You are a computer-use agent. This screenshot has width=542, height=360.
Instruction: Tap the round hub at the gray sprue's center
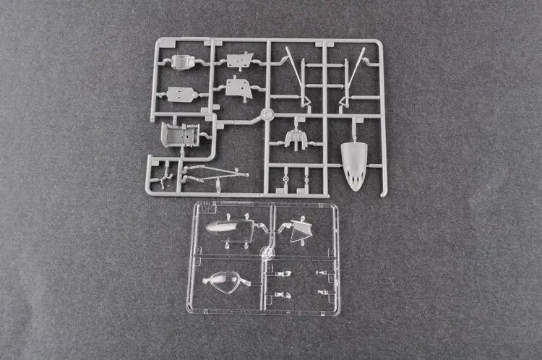267,113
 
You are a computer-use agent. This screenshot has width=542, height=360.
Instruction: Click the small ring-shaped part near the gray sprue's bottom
287,178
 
